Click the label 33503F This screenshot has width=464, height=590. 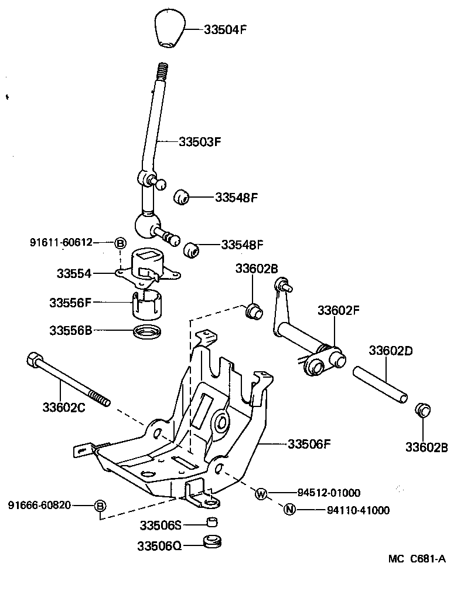200,141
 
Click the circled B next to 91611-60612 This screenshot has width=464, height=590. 120,243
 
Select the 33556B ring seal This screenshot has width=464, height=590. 146,331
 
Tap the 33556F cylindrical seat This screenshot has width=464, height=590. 145,303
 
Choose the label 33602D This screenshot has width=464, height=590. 391,351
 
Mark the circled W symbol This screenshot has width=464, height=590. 261,493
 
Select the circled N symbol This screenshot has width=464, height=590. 289,510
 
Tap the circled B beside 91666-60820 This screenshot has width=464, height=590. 100,505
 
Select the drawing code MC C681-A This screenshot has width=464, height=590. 417,559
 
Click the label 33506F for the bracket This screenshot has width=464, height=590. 309,444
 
